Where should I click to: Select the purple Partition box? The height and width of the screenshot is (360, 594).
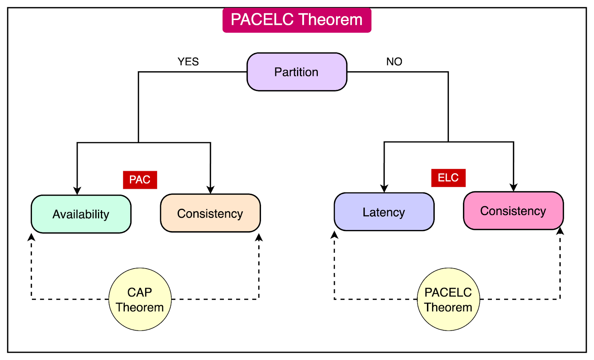click(297, 72)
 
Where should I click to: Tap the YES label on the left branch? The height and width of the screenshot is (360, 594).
click(188, 62)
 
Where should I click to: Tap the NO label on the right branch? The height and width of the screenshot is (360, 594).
click(394, 62)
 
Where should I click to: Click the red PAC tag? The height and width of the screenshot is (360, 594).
click(140, 180)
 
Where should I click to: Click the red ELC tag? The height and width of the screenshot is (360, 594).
click(448, 178)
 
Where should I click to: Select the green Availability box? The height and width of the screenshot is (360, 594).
click(81, 214)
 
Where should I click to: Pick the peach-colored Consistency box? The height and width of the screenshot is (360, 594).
click(210, 213)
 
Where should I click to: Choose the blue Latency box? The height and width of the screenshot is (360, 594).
click(384, 212)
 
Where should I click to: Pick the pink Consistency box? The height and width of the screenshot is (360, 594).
click(513, 211)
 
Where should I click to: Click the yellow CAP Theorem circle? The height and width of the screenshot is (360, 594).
click(140, 299)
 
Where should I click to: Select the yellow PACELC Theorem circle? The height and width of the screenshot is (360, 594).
click(448, 299)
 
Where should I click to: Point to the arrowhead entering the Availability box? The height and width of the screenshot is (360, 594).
click(77, 191)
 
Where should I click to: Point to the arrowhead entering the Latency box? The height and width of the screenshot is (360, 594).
click(384, 188)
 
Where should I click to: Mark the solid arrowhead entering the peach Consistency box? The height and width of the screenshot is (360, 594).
click(210, 189)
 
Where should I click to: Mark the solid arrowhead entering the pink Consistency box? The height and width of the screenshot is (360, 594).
click(513, 187)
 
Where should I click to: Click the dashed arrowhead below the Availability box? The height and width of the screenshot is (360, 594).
click(32, 237)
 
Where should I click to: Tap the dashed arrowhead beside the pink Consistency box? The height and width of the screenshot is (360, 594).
click(560, 231)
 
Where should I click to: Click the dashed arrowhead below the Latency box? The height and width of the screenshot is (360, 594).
click(334, 235)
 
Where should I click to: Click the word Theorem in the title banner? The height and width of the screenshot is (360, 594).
click(330, 20)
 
